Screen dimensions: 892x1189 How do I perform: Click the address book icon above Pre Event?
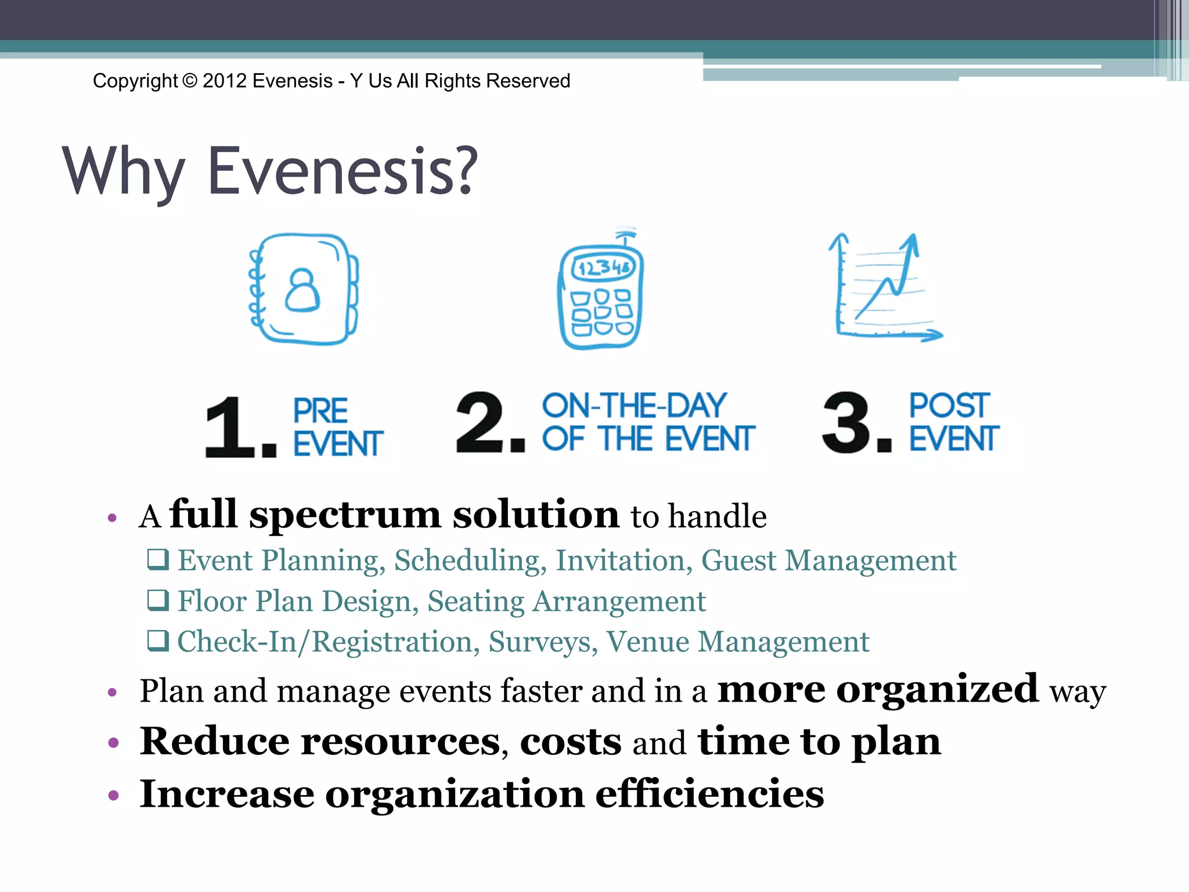pyautogui.click(x=303, y=289)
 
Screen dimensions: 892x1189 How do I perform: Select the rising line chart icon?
pyautogui.click(x=884, y=287)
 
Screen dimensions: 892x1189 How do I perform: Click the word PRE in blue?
pyautogui.click(x=320, y=411)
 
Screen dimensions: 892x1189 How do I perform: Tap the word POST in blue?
pyautogui.click(x=949, y=405)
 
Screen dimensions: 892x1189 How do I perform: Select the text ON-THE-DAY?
pyautogui.click(x=634, y=405)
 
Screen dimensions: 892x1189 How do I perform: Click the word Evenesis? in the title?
pyautogui.click(x=343, y=171)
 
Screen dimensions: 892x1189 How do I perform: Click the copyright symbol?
pyautogui.click(x=190, y=81)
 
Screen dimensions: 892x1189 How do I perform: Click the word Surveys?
pyautogui.click(x=543, y=642)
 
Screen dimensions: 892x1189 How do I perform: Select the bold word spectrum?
pyautogui.click(x=345, y=516)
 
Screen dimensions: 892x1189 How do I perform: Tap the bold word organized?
pyautogui.click(x=937, y=689)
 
